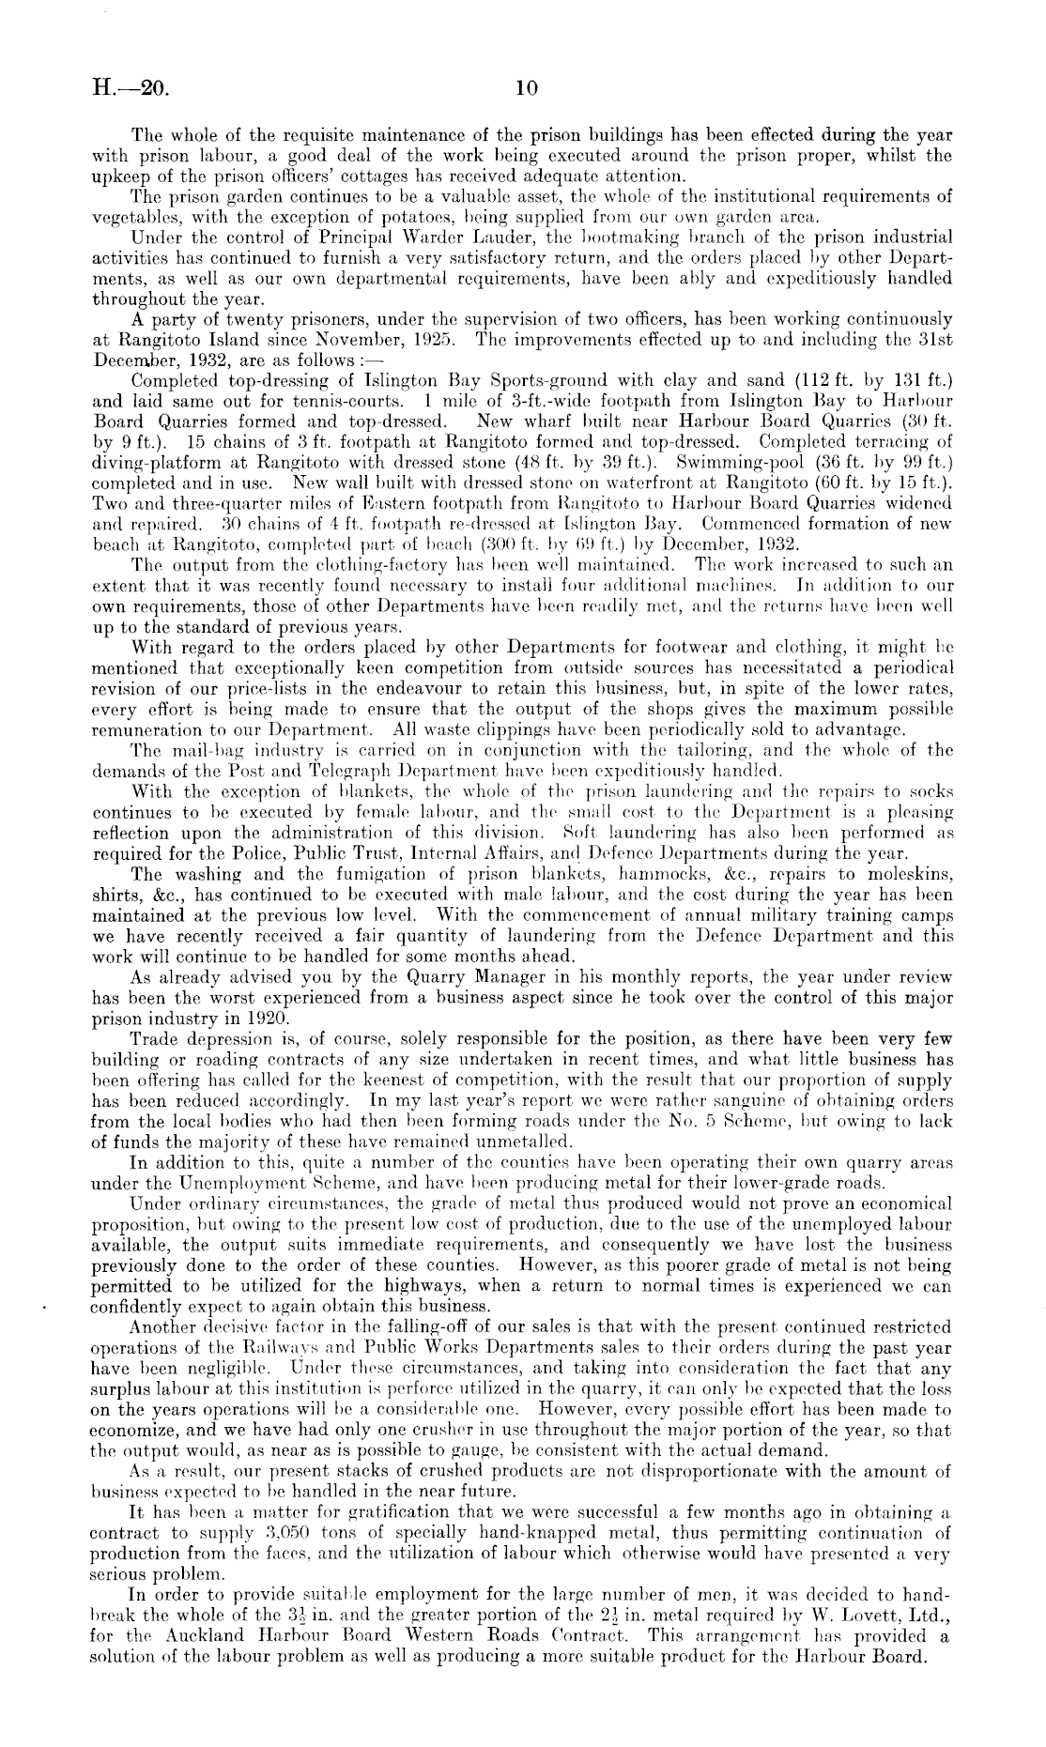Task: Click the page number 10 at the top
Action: [526, 89]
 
